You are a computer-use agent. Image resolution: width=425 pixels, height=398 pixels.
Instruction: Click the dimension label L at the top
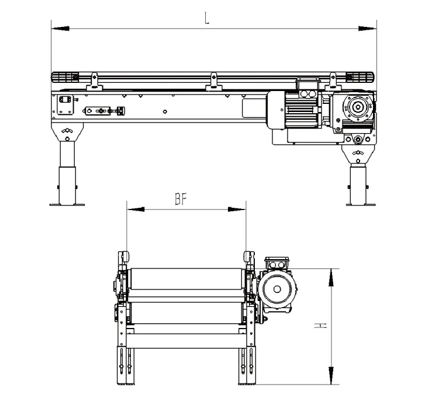207,17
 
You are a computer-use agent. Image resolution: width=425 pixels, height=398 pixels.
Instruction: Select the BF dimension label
181,200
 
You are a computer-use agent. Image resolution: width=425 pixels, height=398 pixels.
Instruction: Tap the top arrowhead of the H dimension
332,277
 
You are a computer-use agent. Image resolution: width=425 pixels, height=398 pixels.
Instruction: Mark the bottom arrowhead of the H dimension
332,376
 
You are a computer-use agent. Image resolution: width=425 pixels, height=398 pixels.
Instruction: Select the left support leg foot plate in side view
67,204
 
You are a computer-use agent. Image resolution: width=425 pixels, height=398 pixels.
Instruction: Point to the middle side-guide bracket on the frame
213,82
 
